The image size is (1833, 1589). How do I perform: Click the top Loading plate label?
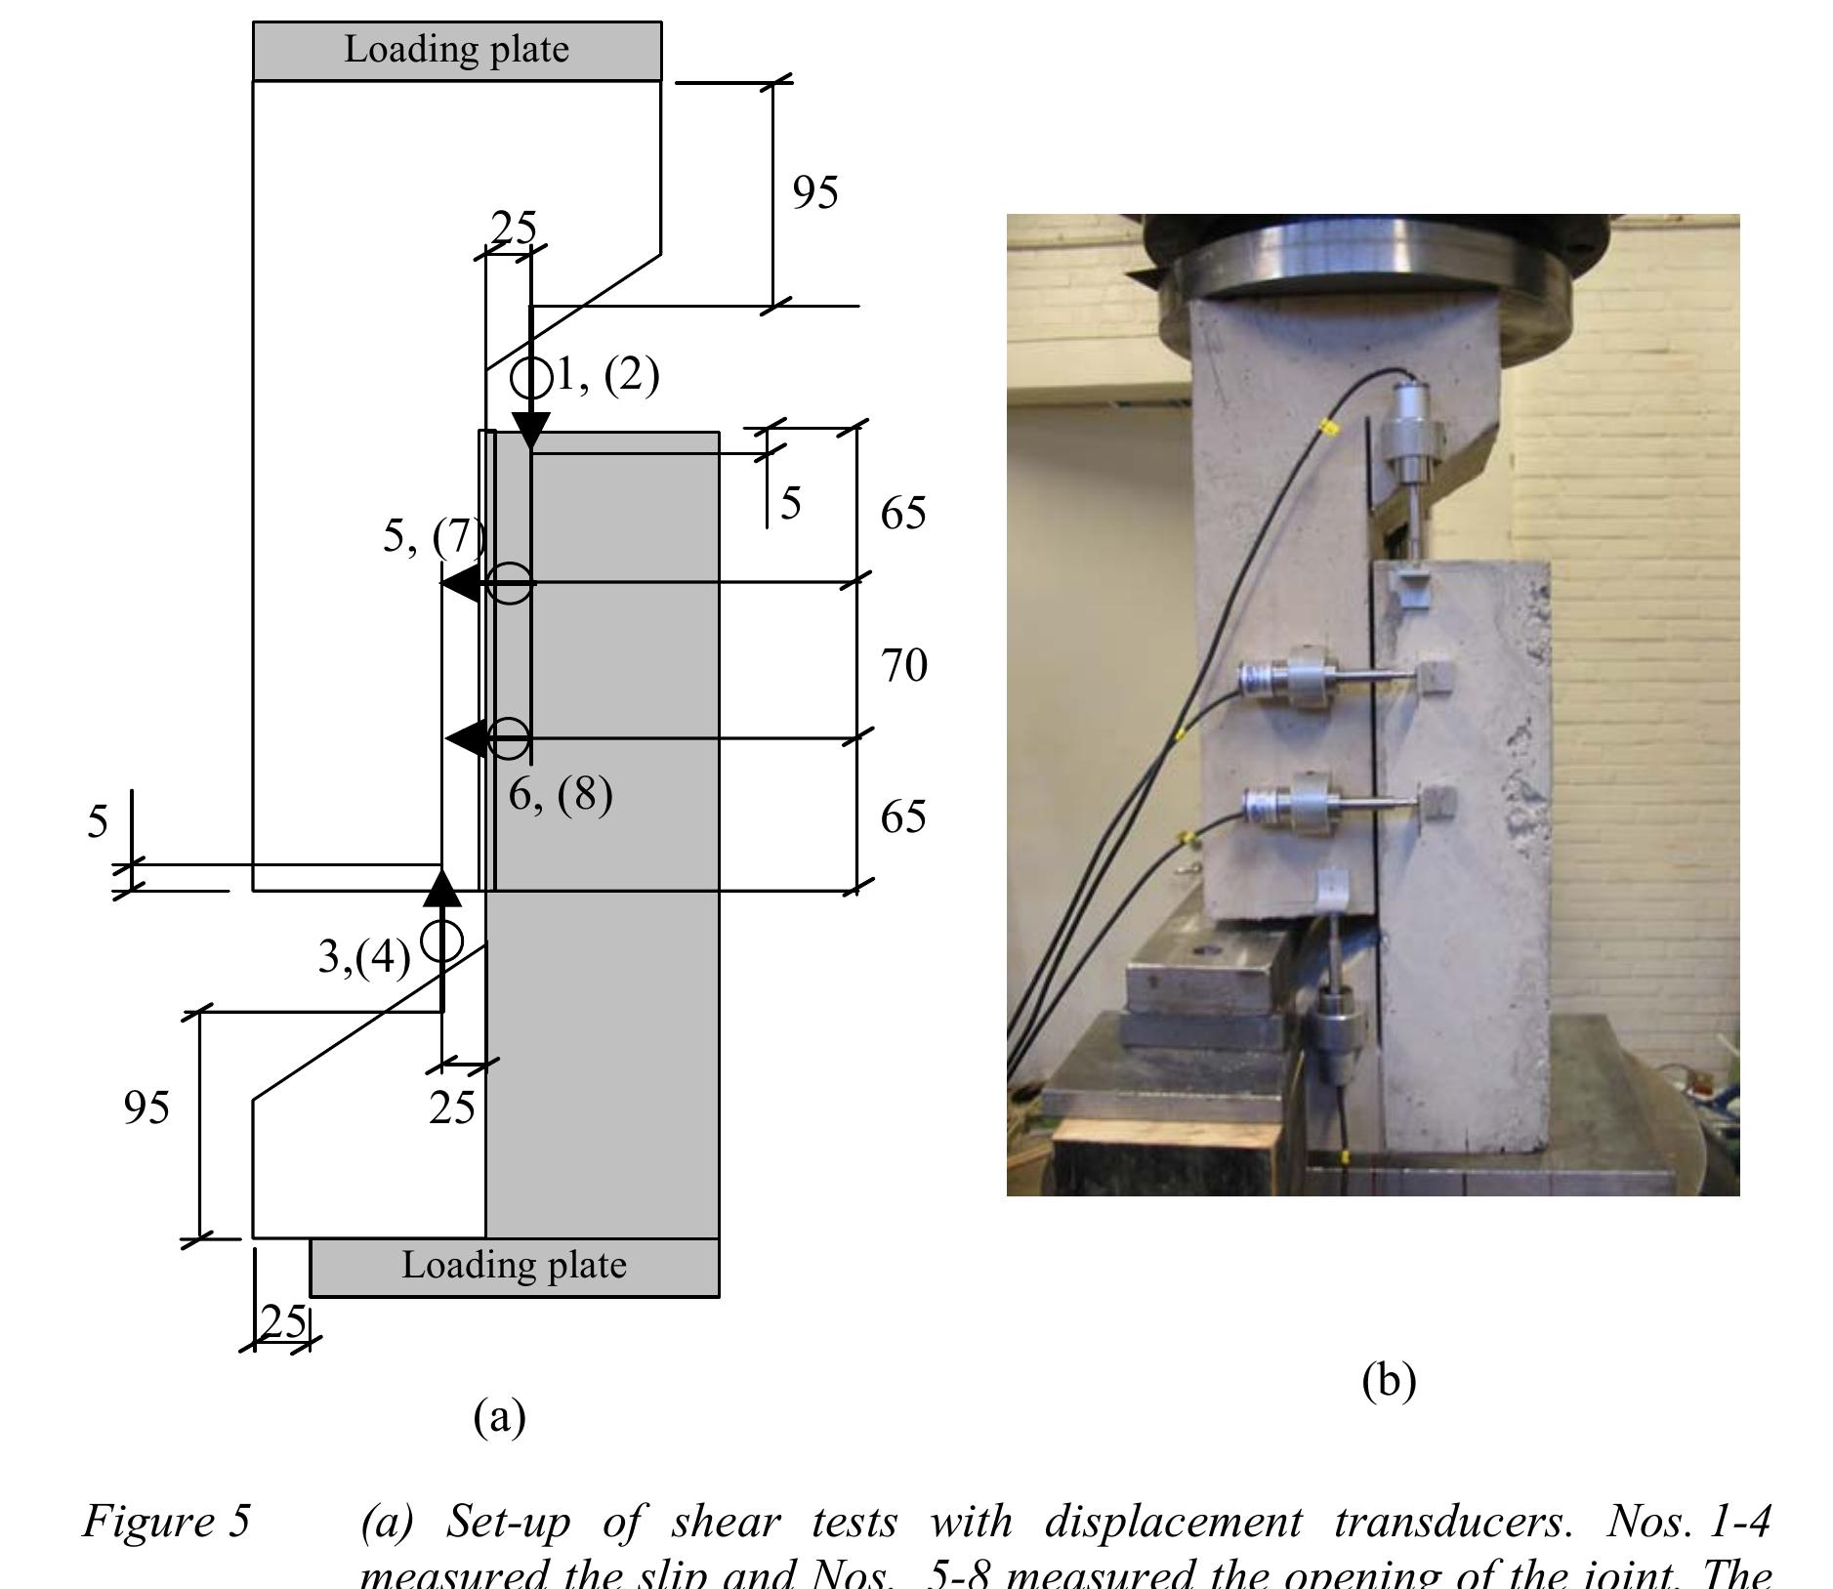click(x=456, y=50)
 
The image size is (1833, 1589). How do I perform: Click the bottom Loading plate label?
click(x=514, y=1266)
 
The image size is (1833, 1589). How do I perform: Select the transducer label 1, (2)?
click(x=606, y=375)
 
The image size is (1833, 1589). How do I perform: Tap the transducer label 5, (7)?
click(x=433, y=536)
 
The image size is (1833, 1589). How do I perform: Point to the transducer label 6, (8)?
click(x=560, y=794)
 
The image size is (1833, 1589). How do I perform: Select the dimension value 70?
click(x=903, y=666)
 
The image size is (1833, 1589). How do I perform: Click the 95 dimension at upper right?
click(x=814, y=192)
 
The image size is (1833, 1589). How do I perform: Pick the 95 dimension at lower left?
click(x=146, y=1108)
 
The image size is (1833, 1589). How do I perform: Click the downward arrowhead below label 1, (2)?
click(x=530, y=430)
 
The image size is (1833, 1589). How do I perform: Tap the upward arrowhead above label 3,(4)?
click(x=441, y=887)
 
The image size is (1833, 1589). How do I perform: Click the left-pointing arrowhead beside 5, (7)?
click(x=460, y=583)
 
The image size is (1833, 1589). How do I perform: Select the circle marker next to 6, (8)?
click(x=508, y=738)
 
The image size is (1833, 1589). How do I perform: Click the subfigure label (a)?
click(x=499, y=1415)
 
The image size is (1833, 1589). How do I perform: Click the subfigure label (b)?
click(x=1388, y=1380)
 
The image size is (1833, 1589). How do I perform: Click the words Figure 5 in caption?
click(x=167, y=1521)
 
